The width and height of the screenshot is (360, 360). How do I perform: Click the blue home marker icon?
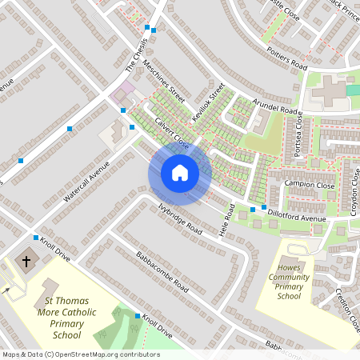click(x=179, y=173)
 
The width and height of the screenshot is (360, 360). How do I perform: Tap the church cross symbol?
click(x=26, y=262)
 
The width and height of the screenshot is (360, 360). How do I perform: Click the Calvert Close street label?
click(x=169, y=131)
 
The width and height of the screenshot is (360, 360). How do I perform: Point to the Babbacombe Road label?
click(x=161, y=271)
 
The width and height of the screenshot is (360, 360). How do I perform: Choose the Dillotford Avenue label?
click(x=297, y=213)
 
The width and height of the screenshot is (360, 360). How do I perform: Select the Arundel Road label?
click(x=275, y=107)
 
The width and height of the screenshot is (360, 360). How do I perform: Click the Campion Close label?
click(x=309, y=185)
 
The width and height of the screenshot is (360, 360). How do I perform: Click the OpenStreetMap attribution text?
click(x=81, y=354)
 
